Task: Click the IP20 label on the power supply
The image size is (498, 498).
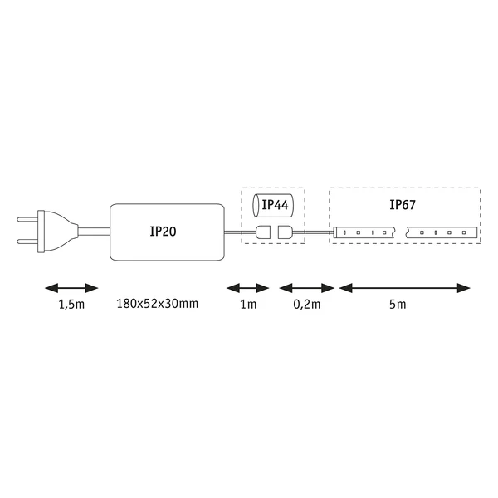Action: (163, 232)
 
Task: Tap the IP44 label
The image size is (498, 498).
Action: (275, 205)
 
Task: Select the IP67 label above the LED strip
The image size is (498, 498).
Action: (403, 205)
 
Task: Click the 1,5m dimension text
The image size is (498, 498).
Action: (71, 305)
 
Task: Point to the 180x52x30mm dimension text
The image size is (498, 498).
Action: (157, 304)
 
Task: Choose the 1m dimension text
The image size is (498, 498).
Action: (248, 305)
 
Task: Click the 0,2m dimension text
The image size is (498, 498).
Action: (307, 305)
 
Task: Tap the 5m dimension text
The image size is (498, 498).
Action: (398, 305)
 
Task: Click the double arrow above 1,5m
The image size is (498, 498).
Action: (71, 288)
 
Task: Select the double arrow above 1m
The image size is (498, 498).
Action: (247, 288)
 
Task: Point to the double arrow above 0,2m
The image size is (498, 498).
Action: (307, 288)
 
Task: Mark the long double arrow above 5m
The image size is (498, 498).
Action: (405, 288)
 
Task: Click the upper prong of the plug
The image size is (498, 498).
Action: (27, 219)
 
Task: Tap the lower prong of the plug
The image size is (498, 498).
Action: (27, 242)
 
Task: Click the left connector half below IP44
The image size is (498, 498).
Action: (263, 232)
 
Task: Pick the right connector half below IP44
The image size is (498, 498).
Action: (285, 232)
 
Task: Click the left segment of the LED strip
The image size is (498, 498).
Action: (364, 232)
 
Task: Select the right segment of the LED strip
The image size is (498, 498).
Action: (442, 232)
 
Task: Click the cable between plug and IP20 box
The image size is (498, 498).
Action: (94, 232)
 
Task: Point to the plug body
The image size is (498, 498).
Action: (57, 232)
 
